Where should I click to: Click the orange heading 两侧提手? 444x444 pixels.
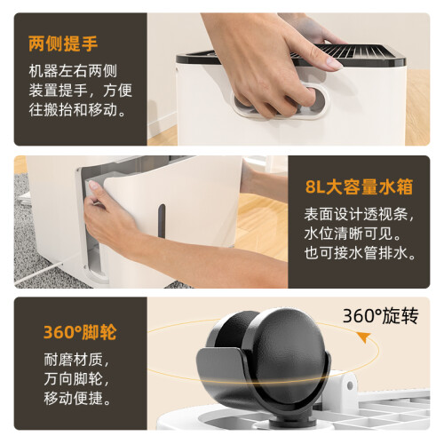tap(63, 44)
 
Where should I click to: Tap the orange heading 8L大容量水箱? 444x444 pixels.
tap(359, 186)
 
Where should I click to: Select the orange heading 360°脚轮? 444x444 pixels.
tap(80, 332)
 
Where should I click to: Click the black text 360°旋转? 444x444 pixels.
tap(380, 316)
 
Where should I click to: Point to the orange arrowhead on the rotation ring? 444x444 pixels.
tap(364, 337)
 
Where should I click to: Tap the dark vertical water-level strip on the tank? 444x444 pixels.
tap(162, 221)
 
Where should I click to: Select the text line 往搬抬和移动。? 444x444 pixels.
tap(77, 109)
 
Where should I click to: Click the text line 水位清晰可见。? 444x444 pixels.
tap(353, 234)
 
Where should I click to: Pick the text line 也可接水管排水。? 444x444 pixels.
tap(360, 253)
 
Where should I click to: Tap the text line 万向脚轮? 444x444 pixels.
tap(76, 379)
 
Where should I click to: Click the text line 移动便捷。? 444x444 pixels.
tap(77, 399)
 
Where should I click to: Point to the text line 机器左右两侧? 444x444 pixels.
tap(73, 71)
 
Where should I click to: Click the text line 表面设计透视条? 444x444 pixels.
tap(359, 214)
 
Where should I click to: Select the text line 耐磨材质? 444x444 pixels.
tap(76, 360)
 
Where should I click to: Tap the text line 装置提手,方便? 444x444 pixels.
tap(80, 91)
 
